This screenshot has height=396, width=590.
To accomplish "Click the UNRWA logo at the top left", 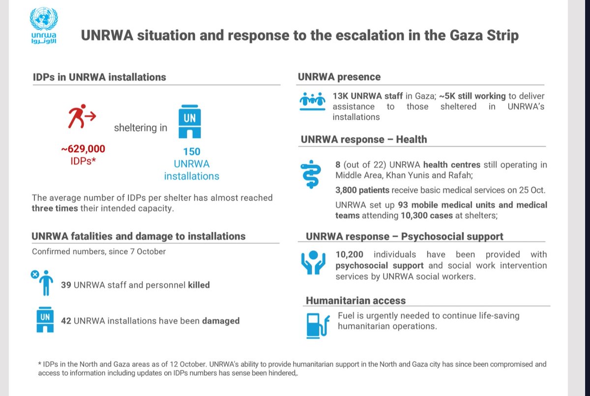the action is [x=44, y=26].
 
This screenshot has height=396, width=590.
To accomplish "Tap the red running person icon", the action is [x=82, y=116].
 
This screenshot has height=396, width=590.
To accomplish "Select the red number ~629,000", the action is [x=83, y=149].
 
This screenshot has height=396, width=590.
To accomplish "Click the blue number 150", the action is [x=192, y=152].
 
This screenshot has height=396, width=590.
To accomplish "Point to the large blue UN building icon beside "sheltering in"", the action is [x=190, y=122].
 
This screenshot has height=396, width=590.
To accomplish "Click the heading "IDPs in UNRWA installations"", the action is [x=99, y=77].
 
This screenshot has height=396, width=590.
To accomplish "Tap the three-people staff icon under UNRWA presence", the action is [x=312, y=101].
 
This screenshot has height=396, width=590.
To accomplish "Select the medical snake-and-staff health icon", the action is [x=311, y=174].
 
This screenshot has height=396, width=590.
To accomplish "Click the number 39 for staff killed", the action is [x=66, y=285].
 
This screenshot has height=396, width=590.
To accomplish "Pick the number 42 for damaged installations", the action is [x=66, y=321].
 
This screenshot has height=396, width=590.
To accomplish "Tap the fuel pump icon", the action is [x=318, y=326].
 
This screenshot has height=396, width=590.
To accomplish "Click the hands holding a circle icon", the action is [x=313, y=262].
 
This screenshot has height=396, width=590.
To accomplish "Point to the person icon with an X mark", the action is [x=43, y=283].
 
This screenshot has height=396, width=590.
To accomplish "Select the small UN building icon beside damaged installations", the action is [x=45, y=320].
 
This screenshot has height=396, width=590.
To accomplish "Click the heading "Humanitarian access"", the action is [x=355, y=301].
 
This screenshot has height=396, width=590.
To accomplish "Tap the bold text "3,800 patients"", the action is [x=362, y=190].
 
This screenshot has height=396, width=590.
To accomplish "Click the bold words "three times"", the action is [x=55, y=208].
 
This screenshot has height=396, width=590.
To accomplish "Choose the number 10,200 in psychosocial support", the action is [x=349, y=254].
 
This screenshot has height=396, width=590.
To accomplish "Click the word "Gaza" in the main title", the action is [x=466, y=35].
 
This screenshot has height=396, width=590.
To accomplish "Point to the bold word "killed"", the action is [x=199, y=285].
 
